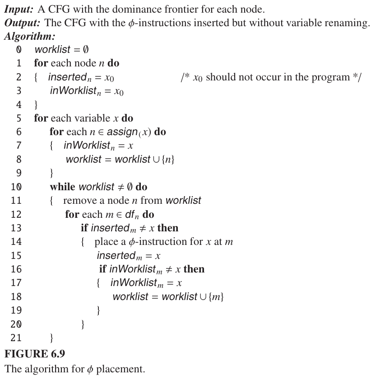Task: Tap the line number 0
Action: point(19,50)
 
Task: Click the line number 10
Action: point(17,187)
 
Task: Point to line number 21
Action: point(17,338)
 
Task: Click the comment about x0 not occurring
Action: point(271,77)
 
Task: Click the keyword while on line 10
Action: point(63,187)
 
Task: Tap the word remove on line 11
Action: point(78,200)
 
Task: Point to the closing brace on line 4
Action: point(36,105)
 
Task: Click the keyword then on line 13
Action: point(168,228)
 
